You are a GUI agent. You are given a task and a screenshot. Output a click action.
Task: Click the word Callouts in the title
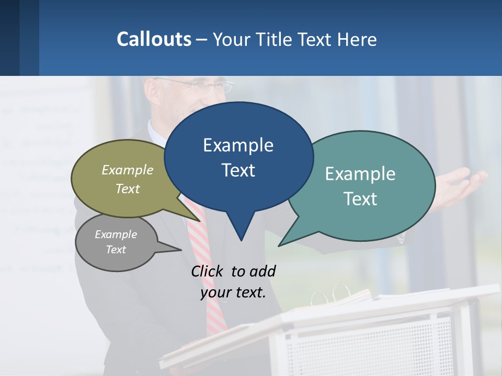click(154, 39)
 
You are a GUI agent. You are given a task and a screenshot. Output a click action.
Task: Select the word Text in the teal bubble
click(360, 199)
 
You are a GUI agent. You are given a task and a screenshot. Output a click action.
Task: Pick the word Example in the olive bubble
click(128, 170)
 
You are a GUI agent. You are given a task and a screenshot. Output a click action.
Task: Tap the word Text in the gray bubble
click(116, 250)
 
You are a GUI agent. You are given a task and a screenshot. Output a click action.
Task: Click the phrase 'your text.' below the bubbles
click(233, 293)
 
